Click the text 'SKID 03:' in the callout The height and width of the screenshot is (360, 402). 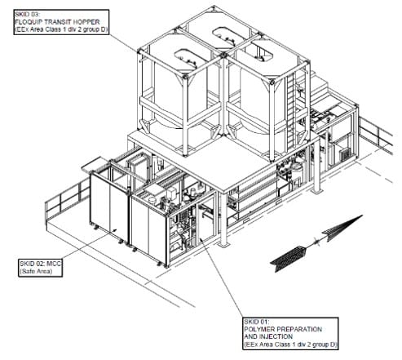pos(27,15)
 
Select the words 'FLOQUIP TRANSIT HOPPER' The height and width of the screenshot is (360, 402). pos(57,22)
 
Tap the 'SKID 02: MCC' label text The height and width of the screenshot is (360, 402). pos(41,264)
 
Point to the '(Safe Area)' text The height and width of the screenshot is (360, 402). pos(36,271)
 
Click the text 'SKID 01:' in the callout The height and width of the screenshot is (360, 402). pos(256,322)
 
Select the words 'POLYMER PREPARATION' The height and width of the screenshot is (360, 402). pos(283,329)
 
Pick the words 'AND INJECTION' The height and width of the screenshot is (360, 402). pos(268,336)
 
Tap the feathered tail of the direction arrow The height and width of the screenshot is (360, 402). pos(289,258)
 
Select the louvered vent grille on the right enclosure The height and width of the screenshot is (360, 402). pos(345,155)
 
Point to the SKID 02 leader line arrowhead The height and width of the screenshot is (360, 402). pos(114,231)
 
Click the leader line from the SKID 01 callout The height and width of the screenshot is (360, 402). pos(222,278)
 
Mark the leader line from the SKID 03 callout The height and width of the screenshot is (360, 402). pos(123,42)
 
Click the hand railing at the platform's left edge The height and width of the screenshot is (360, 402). pos(68,198)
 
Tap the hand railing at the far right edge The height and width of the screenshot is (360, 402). pos(377,135)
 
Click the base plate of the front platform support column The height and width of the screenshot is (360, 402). pos(223,245)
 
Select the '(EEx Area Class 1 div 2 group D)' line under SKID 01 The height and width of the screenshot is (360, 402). pos(290,344)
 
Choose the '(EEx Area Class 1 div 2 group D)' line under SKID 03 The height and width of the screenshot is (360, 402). pos(61,29)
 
